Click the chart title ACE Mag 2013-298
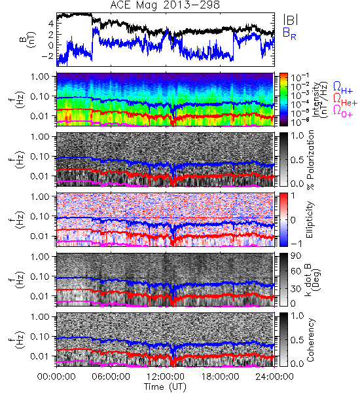165,5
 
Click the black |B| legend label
291,20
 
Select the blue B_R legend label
289,33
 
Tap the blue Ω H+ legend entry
343,88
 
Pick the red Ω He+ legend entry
345,100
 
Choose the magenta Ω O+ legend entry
343,111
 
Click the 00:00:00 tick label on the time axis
56,377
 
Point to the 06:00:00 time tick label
111,377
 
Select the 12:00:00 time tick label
166,377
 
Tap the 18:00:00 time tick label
220,377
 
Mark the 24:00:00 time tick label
274,377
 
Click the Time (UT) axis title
166,387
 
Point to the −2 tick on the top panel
48,56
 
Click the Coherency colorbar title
310,340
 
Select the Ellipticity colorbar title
310,220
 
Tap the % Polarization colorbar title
310,160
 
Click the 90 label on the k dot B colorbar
296,256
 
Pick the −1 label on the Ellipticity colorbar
296,244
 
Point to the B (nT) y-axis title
29,39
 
